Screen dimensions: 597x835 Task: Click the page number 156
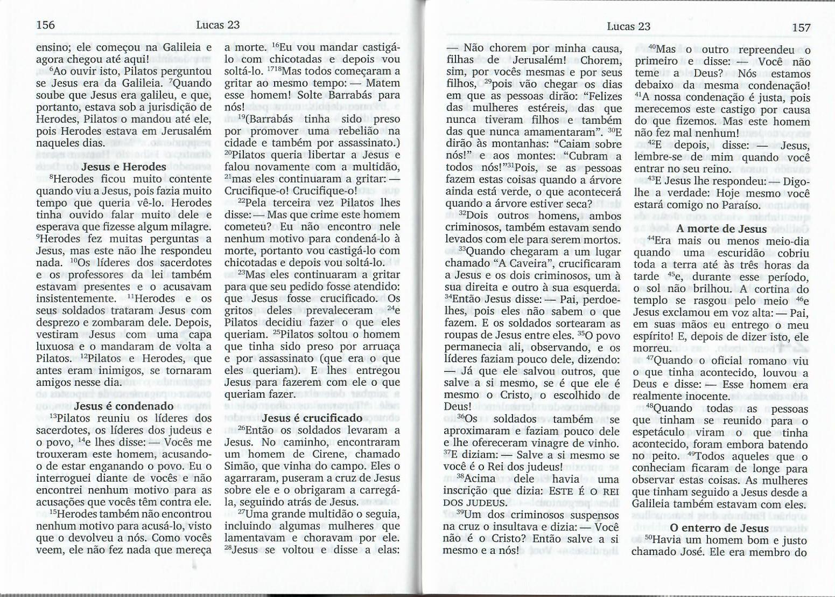pyautogui.click(x=45, y=25)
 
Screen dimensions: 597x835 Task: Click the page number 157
pyautogui.click(x=801, y=27)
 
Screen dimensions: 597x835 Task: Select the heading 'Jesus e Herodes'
pyautogui.click(x=124, y=166)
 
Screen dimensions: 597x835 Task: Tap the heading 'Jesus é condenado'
pyautogui.click(x=124, y=406)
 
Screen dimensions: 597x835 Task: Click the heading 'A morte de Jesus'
pyautogui.click(x=721, y=228)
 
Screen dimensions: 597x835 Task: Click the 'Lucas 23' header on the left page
pyautogui.click(x=217, y=25)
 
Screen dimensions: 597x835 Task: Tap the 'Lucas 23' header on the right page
pyautogui.click(x=628, y=26)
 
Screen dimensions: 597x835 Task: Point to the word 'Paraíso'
pyautogui.click(x=741, y=205)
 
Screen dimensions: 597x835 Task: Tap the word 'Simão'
pyautogui.click(x=238, y=466)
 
